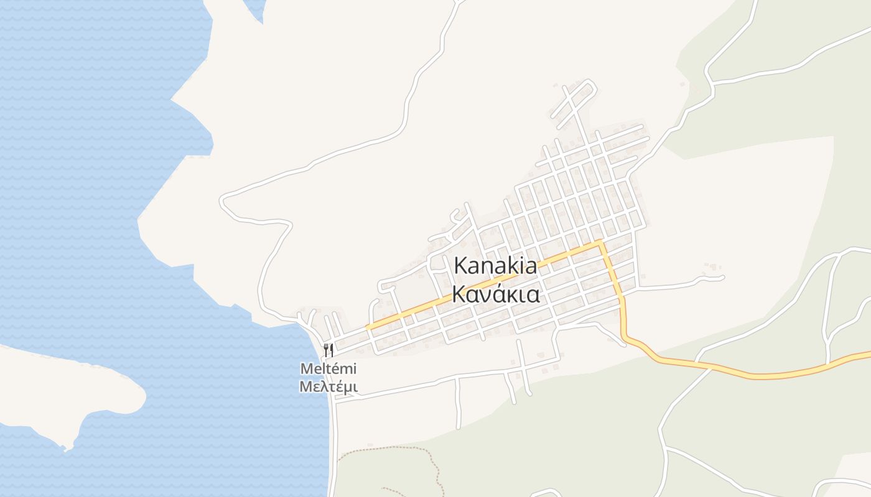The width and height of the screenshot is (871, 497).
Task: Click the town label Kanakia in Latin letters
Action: (x=496, y=265)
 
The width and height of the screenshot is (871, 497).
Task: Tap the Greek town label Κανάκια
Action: (x=496, y=294)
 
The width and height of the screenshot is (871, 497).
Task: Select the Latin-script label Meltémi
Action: (x=328, y=368)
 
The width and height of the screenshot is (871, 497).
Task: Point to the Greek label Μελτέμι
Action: (x=328, y=386)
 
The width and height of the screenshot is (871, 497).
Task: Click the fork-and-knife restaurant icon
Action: (x=328, y=350)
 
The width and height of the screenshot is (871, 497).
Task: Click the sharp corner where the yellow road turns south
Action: (x=600, y=242)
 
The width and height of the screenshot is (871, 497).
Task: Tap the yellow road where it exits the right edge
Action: (x=869, y=354)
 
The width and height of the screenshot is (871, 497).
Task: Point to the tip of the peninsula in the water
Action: (x=67, y=446)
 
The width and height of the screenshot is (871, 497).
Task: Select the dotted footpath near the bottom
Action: (x=386, y=449)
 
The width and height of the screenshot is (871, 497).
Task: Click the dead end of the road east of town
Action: (x=722, y=277)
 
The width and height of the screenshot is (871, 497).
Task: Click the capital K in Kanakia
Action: (x=461, y=265)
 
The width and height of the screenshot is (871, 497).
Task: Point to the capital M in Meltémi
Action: (x=306, y=368)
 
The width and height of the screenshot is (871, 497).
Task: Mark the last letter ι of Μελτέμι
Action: (x=355, y=386)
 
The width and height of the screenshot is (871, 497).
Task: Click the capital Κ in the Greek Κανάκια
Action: (x=459, y=294)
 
